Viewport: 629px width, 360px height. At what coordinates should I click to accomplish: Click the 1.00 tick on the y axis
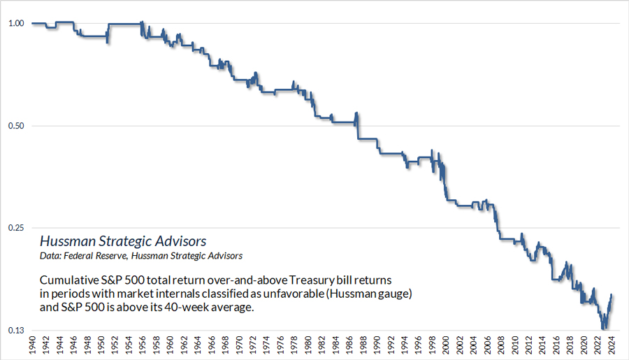pos(15,24)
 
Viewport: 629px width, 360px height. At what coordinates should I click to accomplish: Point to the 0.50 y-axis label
pos(15,126)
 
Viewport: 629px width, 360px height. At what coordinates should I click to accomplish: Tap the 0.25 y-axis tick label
pos(15,229)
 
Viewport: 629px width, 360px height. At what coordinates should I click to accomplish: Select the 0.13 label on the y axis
pos(15,331)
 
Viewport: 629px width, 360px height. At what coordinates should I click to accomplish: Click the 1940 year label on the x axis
pos(32,345)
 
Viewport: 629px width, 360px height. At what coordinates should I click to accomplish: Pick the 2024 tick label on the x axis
pos(612,345)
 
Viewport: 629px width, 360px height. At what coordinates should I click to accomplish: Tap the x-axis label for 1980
pos(308,345)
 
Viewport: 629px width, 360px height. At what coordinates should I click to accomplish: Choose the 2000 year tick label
pos(447,345)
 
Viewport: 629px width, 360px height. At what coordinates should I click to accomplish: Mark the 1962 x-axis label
pos(184,345)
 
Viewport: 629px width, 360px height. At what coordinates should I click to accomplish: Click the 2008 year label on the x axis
pos(502,345)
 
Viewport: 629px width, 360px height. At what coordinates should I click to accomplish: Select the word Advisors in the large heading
pos(180,241)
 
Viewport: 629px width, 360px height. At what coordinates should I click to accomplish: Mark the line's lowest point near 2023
pos(602,328)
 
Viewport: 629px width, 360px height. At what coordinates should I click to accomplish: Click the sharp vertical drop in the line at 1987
pos(358,129)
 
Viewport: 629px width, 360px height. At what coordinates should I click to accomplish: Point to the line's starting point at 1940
pos(33,24)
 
